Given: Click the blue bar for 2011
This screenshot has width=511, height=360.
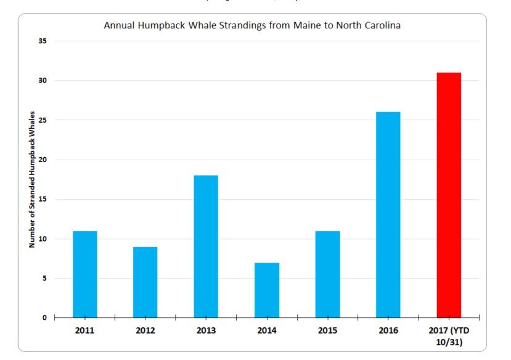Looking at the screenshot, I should pyautogui.click(x=84, y=274).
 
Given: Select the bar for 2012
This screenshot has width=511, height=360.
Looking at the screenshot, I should pyautogui.click(x=145, y=282).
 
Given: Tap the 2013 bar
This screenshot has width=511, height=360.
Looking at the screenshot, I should pyautogui.click(x=206, y=247).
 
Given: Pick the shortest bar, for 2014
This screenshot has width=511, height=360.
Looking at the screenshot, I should pyautogui.click(x=266, y=290).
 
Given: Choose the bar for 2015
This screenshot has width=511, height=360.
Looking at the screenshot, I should pyautogui.click(x=327, y=274).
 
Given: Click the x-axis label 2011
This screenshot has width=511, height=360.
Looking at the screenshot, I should pyautogui.click(x=84, y=330).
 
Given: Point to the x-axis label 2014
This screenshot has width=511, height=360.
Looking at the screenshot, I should pyautogui.click(x=266, y=330).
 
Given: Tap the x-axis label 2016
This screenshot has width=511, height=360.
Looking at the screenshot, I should pyautogui.click(x=388, y=330).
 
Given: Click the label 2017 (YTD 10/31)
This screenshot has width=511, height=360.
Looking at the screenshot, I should pyautogui.click(x=449, y=335).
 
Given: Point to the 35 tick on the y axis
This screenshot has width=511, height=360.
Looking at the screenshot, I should pyautogui.click(x=43, y=41).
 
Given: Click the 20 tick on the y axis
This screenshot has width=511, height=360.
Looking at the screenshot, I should pyautogui.click(x=43, y=160).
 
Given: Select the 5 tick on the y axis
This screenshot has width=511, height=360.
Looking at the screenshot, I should pyautogui.click(x=44, y=279).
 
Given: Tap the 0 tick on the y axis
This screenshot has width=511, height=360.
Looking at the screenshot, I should pyautogui.click(x=44, y=318).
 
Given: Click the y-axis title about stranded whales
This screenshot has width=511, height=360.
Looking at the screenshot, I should pyautogui.click(x=31, y=179).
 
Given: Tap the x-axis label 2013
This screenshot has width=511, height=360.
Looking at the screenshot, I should pyautogui.click(x=206, y=330).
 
